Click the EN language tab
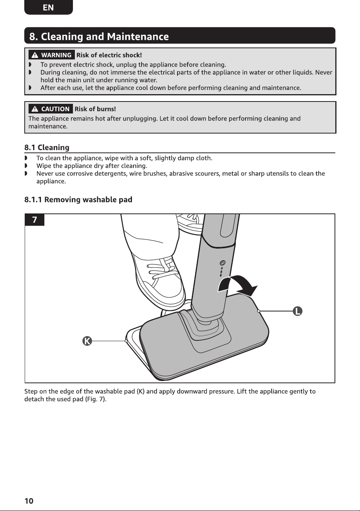[x=48, y=7]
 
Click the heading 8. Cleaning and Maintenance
[x=99, y=37]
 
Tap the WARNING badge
[x=52, y=55]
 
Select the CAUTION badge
[x=51, y=109]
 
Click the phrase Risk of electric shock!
[x=109, y=55]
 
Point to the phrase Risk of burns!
[x=95, y=109]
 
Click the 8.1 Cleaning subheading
[x=47, y=147]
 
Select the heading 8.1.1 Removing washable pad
[x=78, y=200]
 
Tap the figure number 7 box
[x=34, y=220]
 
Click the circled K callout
[x=87, y=341]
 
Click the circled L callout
[x=297, y=311]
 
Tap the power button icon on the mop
[x=223, y=263]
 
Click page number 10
[x=29, y=501]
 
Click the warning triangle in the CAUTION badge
[x=35, y=109]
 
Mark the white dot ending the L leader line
[x=259, y=311]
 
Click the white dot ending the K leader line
[x=126, y=341]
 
